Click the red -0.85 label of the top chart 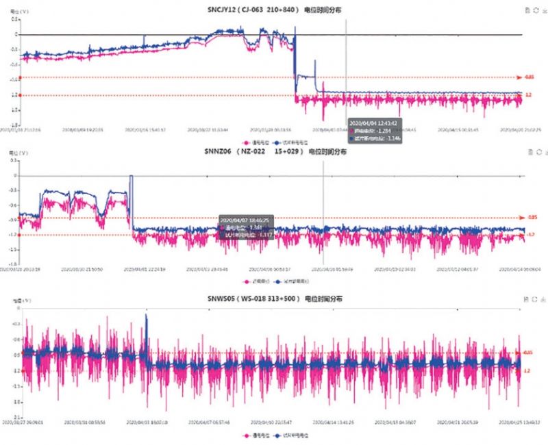[x=529, y=77]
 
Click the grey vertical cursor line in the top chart [x=346, y=68]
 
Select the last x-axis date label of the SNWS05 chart [x=515, y=422]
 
